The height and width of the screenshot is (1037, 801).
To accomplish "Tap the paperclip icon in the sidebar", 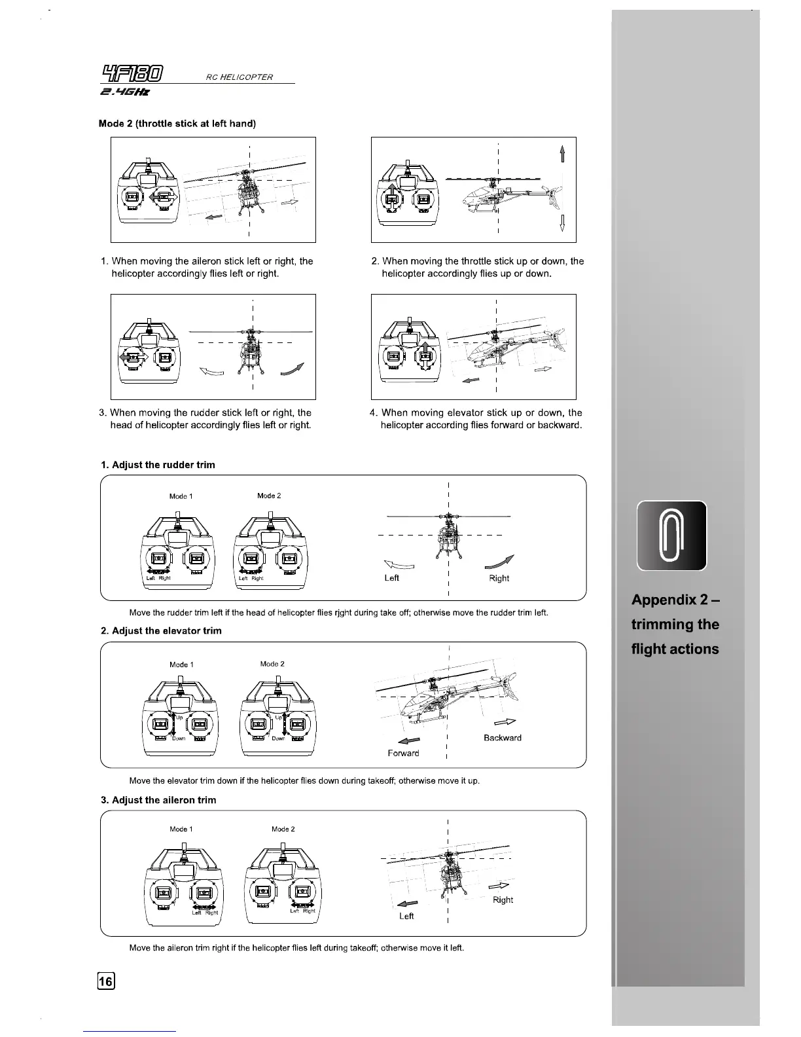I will [671, 536].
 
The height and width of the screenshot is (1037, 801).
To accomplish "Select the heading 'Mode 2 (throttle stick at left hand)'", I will [177, 124].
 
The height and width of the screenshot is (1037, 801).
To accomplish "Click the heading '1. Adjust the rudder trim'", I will [158, 465].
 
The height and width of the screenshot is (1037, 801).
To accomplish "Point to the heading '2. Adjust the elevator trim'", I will [161, 631].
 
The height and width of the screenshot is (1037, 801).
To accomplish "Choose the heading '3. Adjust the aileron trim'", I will [158, 800].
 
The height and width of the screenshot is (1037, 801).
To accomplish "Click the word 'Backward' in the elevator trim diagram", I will [503, 738].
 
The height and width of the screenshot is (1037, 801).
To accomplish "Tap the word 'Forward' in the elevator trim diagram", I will [403, 754].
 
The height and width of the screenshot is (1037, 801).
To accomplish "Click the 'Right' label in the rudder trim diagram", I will [499, 578].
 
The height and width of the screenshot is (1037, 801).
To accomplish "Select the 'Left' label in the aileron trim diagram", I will [406, 916].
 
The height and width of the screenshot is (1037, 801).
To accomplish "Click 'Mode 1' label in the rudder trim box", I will [181, 496].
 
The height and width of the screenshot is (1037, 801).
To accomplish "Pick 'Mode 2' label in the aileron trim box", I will [283, 829].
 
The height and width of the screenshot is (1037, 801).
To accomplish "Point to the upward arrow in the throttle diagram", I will [562, 153].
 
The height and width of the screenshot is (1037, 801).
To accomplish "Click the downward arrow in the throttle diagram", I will [562, 223].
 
